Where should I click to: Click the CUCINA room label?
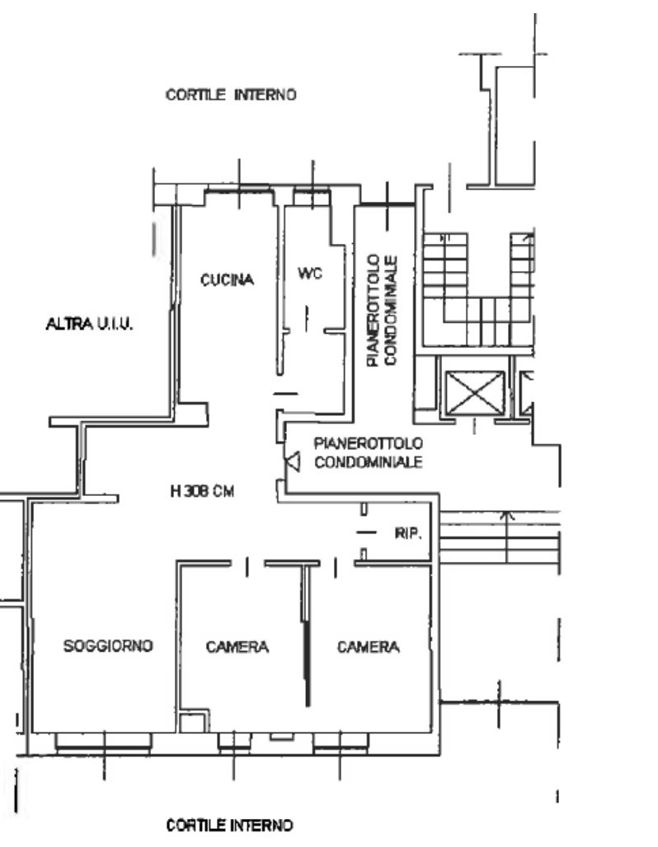[227, 280]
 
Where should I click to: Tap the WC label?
[310, 274]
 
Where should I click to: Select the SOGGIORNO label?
[108, 645]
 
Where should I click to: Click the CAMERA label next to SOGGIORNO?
[237, 647]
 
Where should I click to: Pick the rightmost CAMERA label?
[369, 647]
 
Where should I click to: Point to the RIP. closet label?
[407, 534]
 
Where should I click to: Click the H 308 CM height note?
[202, 491]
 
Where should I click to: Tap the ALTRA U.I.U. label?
[89, 324]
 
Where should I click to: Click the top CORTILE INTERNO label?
[231, 95]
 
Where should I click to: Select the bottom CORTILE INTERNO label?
[229, 826]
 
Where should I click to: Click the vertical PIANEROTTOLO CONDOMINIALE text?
[382, 311]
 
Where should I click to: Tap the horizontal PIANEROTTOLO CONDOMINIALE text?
[369, 452]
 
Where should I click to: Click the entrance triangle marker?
[293, 462]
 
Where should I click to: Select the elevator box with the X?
[474, 393]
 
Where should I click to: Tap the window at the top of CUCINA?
[238, 189]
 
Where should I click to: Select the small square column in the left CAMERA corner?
[194, 722]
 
